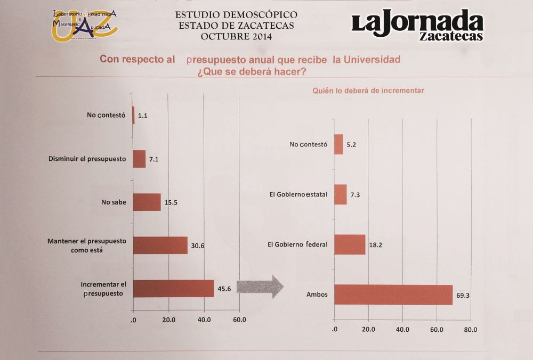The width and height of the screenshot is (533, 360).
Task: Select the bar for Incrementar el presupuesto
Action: pyautogui.click(x=173, y=289)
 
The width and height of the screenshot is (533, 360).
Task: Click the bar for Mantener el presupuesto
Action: pyautogui.click(x=160, y=245)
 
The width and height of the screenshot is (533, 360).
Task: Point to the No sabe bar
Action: pyautogui.click(x=147, y=202)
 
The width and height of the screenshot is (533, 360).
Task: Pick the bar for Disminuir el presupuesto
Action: pyautogui.click(x=139, y=159)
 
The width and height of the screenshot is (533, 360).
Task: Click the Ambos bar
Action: pyautogui.click(x=393, y=294)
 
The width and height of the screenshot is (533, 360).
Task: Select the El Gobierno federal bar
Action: pyautogui.click(x=350, y=244)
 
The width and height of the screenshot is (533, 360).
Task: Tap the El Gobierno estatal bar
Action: pyautogui.click(x=341, y=194)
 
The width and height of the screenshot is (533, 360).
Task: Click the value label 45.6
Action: pyautogui.click(x=224, y=290)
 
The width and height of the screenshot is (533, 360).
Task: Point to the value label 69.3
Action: pyautogui.click(x=463, y=294)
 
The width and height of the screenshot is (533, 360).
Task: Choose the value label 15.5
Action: pyautogui.click(x=171, y=203)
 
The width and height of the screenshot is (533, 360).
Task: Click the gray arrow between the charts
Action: pyautogui.click(x=260, y=287)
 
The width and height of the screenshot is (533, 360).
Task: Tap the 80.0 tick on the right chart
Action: pyautogui.click(x=471, y=330)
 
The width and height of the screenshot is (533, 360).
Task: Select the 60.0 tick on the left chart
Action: pyautogui.click(x=239, y=320)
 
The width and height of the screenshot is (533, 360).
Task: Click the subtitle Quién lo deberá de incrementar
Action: pyautogui.click(x=368, y=91)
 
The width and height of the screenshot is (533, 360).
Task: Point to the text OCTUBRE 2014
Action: pyautogui.click(x=236, y=37)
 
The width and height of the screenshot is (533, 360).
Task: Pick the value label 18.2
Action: pyautogui.click(x=377, y=246)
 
